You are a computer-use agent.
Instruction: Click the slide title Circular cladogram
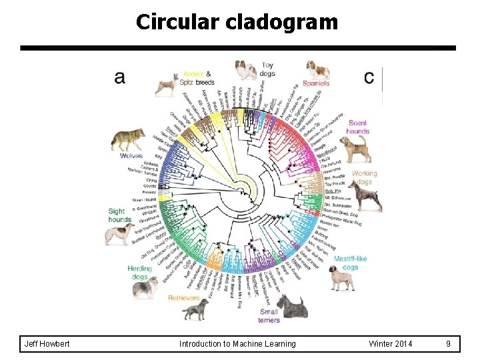coord(237,22)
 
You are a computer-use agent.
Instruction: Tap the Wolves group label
coord(131,155)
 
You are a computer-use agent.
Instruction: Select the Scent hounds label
coord(357,127)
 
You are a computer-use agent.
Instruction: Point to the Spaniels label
coord(316,83)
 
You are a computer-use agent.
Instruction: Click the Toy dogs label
coord(267,69)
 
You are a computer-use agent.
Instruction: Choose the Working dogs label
coord(364,177)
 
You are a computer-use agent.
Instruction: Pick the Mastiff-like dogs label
coord(351,262)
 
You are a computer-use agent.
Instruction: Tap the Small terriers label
coord(269,315)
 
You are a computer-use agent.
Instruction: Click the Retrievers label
coord(183,298)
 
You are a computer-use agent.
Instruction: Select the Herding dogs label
coord(139,273)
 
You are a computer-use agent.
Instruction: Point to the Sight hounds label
coord(120,215)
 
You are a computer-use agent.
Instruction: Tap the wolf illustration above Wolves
coord(128,139)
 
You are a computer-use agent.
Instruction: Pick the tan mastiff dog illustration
coord(341,277)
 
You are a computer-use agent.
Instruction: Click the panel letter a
coord(119,77)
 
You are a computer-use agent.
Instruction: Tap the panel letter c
coord(369,77)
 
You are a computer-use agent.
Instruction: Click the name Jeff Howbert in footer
coord(47,343)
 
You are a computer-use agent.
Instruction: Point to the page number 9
coord(448,343)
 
